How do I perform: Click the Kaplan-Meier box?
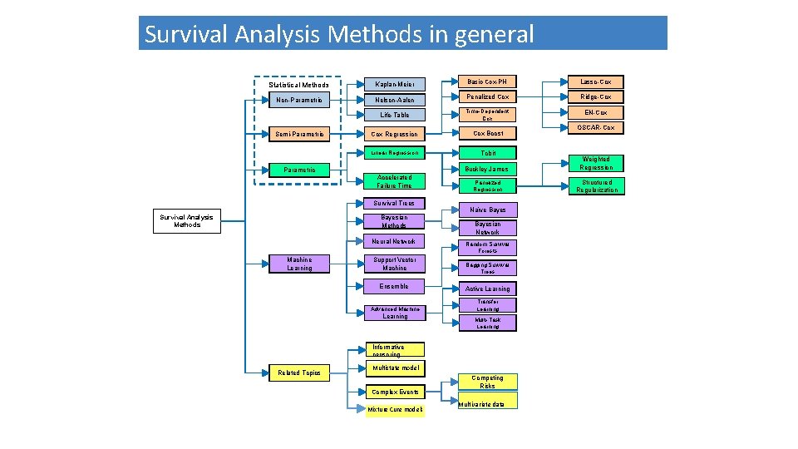(x=395, y=84)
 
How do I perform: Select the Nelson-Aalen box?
(x=395, y=100)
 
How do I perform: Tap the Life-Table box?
(x=395, y=115)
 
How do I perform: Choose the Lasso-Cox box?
(x=595, y=81)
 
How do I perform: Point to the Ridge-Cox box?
(x=595, y=96)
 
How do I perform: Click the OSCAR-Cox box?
(x=595, y=127)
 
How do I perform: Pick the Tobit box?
(x=488, y=153)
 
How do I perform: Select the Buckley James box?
(x=488, y=169)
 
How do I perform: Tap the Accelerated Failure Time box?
(x=394, y=181)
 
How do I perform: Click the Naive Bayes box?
(x=488, y=210)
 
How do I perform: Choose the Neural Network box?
(x=394, y=241)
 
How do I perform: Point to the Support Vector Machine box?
(x=394, y=264)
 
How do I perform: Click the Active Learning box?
(x=488, y=289)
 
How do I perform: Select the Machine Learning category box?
(x=299, y=264)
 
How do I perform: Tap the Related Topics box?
(x=299, y=373)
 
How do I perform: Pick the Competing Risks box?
(x=487, y=382)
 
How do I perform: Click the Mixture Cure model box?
(x=396, y=409)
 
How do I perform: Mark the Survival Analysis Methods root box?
(x=187, y=221)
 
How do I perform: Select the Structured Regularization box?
(x=597, y=186)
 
